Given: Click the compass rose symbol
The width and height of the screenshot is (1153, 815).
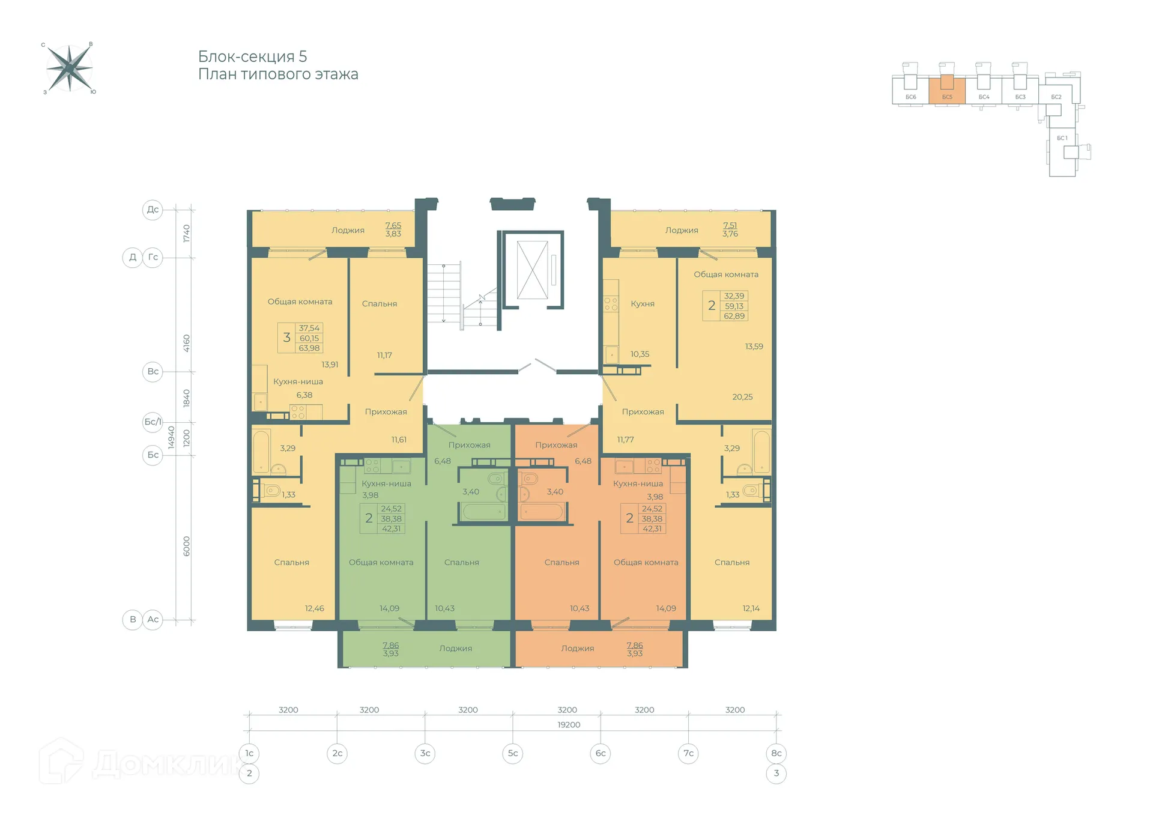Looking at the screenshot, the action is [x=70, y=68].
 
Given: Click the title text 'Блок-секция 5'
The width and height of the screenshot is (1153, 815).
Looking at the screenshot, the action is [x=253, y=56].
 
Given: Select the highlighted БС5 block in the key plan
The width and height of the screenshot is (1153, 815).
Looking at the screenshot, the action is [x=947, y=90].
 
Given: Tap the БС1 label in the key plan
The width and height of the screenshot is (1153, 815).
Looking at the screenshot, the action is [x=1062, y=138].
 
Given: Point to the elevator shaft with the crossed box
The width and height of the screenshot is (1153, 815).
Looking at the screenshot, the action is [x=533, y=270].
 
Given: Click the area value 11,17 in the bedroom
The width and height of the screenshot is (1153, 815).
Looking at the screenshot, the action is [x=384, y=355].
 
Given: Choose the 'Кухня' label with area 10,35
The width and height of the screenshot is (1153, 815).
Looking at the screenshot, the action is [x=643, y=304].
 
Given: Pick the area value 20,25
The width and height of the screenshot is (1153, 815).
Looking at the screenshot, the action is [x=742, y=397].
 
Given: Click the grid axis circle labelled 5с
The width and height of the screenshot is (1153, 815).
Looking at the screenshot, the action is [x=513, y=753].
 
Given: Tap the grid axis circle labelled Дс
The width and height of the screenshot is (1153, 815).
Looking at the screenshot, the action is [x=153, y=210].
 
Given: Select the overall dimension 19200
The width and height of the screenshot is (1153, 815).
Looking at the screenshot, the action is [x=569, y=725].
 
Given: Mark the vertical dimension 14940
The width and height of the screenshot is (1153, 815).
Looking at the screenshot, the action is [x=171, y=437].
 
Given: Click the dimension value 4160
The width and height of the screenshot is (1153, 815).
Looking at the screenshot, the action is [x=186, y=344].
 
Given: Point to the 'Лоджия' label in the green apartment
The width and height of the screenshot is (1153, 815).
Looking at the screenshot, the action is [x=456, y=649].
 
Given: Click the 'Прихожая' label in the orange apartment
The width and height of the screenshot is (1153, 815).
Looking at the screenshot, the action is [x=556, y=445].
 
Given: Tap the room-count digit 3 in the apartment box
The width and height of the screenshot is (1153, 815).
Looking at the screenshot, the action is [x=287, y=338].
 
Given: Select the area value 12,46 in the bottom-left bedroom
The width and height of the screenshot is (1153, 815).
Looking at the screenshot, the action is [x=314, y=608].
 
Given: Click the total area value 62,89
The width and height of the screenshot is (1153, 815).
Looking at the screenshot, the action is [x=734, y=316].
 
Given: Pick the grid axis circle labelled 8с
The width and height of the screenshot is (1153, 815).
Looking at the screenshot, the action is [x=776, y=753].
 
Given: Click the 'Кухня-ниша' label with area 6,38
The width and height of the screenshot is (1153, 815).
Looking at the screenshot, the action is [x=298, y=381].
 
